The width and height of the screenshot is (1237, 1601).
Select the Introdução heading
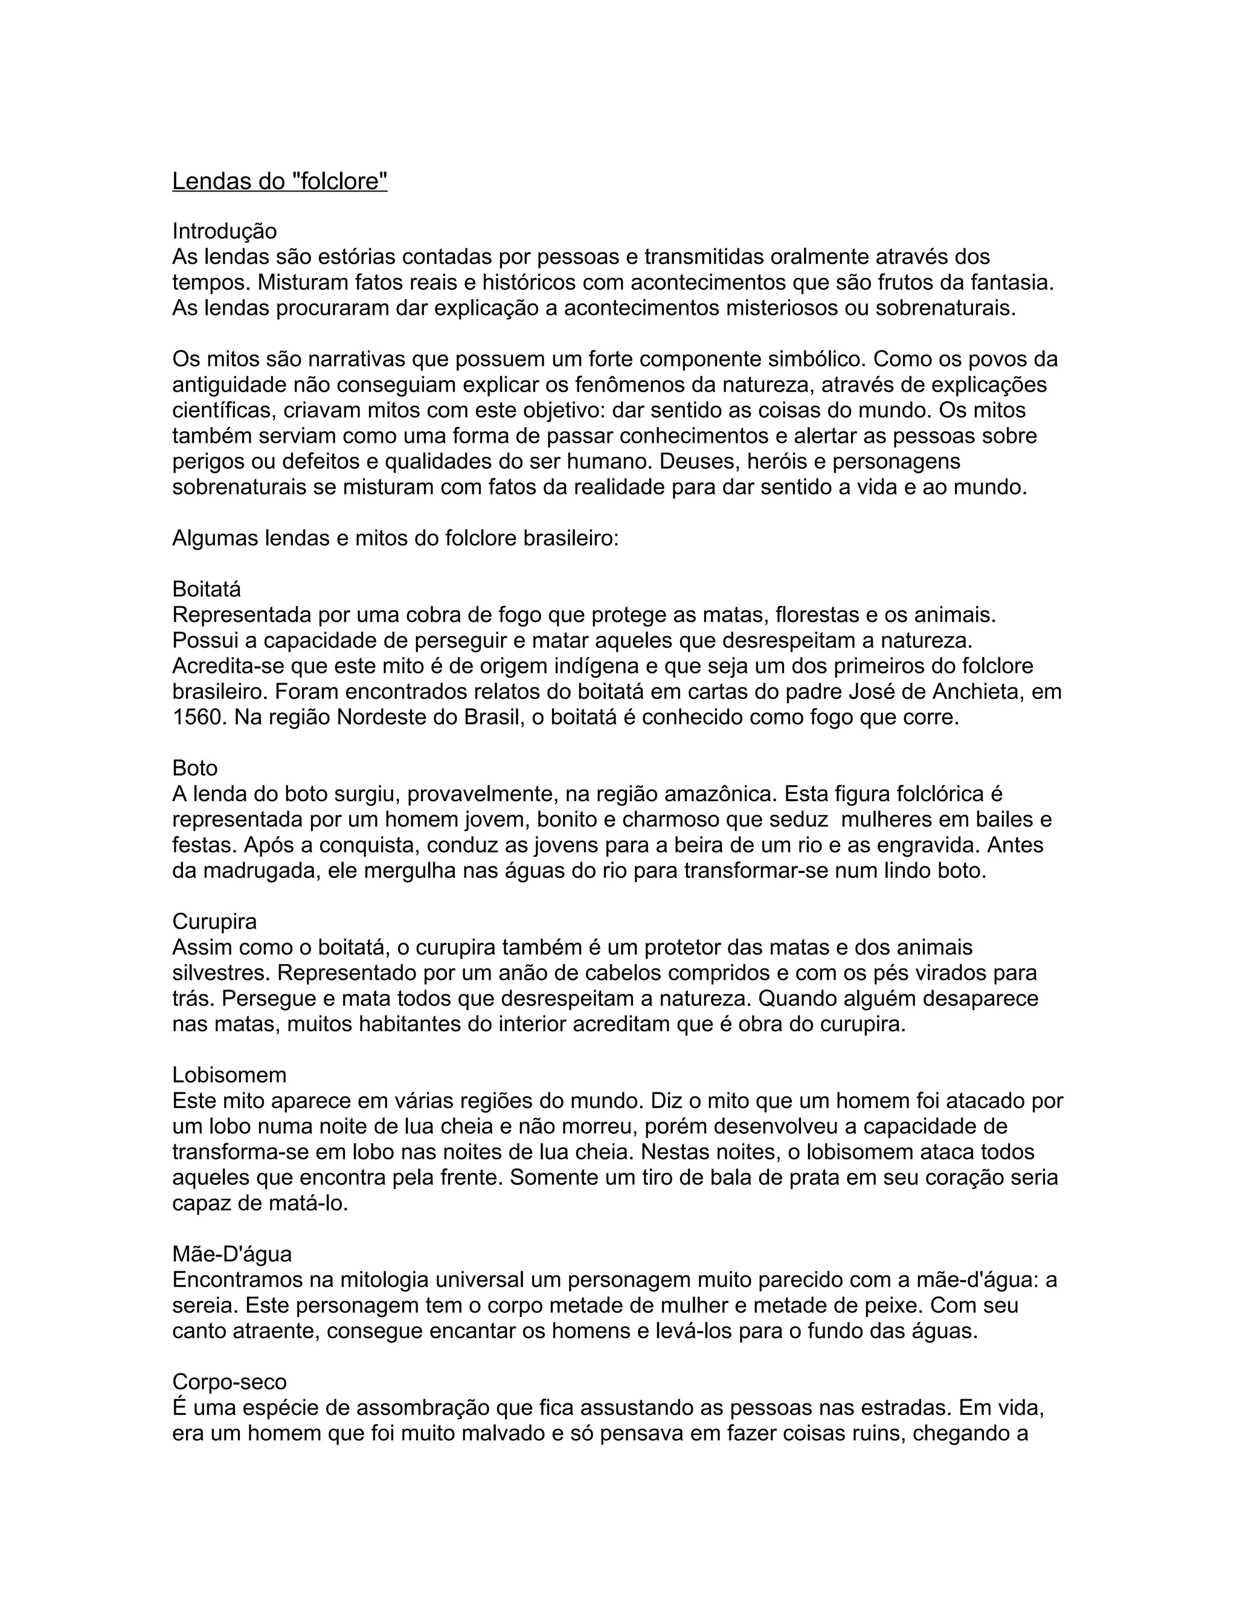[224, 231]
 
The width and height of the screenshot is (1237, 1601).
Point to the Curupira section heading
[214, 921]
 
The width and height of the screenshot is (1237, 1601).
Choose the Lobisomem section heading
[230, 1075]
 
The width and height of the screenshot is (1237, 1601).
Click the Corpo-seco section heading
[230, 1382]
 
